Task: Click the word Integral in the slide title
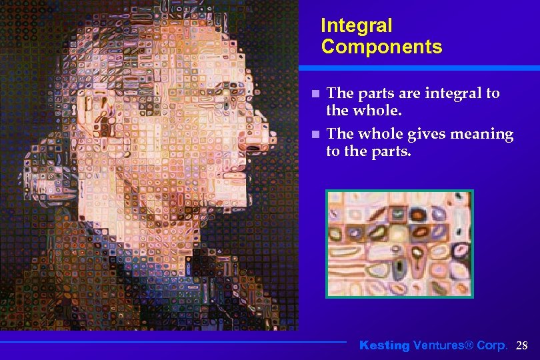point(356,26)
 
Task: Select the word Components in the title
point(381,47)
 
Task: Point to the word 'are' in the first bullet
point(405,93)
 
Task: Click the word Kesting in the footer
point(384,345)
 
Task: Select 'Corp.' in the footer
point(493,345)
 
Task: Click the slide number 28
point(522,345)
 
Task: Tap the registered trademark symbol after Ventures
point(468,345)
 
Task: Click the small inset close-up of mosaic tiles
point(399,243)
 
